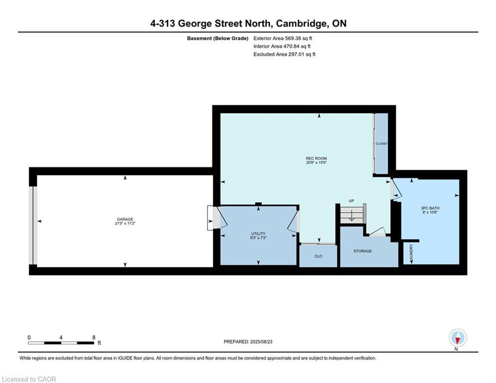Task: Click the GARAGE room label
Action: pyautogui.click(x=125, y=219)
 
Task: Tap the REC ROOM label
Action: pyautogui.click(x=317, y=158)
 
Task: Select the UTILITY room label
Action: pyautogui.click(x=258, y=233)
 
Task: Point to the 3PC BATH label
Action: pyautogui.click(x=430, y=208)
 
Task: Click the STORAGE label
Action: pyautogui.click(x=362, y=251)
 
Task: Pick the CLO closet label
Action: pyautogui.click(x=318, y=256)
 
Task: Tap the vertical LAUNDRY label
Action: pyautogui.click(x=411, y=252)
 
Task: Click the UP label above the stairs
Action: pyautogui.click(x=351, y=200)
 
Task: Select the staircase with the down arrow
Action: pyautogui.click(x=351, y=214)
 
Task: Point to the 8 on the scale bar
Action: pyautogui.click(x=94, y=338)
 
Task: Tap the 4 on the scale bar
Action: pyautogui.click(x=61, y=338)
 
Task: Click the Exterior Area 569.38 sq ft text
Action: pyautogui.click(x=283, y=38)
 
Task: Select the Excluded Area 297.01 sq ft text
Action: pyautogui.click(x=284, y=54)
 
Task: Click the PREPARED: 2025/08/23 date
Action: pyautogui.click(x=248, y=342)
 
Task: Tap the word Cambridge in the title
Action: pyautogui.click(x=301, y=23)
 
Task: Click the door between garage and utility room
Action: pyautogui.click(x=217, y=218)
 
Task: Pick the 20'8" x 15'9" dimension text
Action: pyautogui.click(x=317, y=163)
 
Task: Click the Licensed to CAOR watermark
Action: pyautogui.click(x=29, y=379)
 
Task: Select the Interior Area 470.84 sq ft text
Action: pyautogui.click(x=282, y=46)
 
